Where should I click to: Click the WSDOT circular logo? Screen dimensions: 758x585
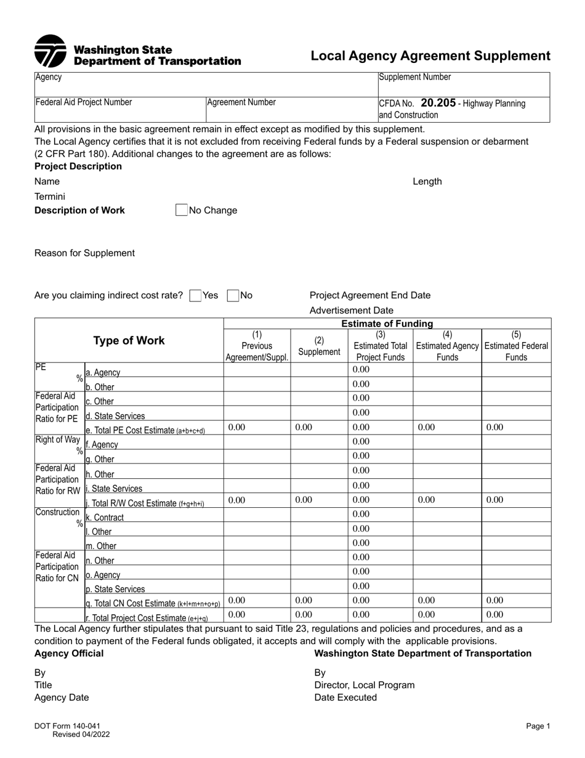(x=50, y=51)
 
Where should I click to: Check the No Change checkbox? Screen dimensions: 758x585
(x=182, y=210)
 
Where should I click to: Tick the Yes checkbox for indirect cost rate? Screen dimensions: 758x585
(x=196, y=296)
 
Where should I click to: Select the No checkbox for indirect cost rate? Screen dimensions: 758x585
(x=233, y=296)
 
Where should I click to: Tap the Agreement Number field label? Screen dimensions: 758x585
(x=241, y=102)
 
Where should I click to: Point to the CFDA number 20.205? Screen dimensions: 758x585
(x=438, y=103)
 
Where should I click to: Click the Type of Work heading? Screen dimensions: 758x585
(x=129, y=341)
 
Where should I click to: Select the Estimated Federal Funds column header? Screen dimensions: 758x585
(x=516, y=346)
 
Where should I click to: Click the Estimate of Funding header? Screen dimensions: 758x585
(x=387, y=324)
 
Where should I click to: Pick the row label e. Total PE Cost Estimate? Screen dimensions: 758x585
(x=145, y=430)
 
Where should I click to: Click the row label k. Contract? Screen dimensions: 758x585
(x=105, y=518)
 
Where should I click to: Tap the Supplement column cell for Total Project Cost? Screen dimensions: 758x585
(x=319, y=614)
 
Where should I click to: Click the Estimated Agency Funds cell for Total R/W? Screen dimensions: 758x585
(x=447, y=500)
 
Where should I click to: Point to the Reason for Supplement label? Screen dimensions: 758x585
(x=84, y=253)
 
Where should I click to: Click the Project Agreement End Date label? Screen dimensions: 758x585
(x=370, y=295)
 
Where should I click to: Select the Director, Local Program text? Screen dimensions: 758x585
(x=365, y=685)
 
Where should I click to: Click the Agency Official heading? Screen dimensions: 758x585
(x=69, y=653)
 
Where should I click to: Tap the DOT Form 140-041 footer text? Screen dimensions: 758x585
(x=67, y=727)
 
